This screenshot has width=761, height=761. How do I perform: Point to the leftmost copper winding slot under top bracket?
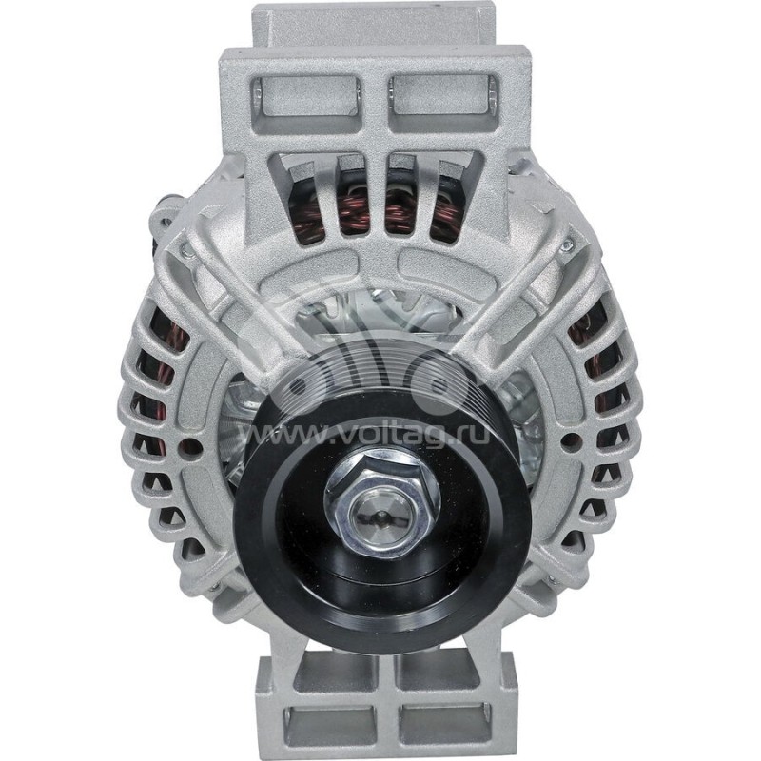(302, 200)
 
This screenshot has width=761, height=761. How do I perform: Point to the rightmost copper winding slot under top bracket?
(447, 200)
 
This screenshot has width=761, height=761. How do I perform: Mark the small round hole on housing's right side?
(569, 441)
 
